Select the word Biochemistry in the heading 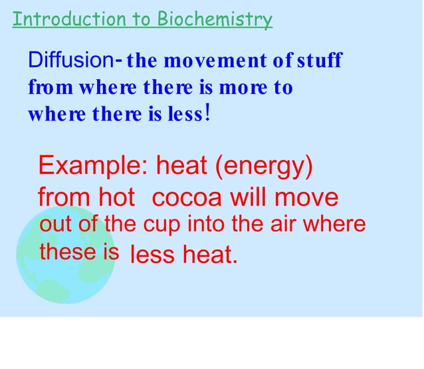coord(215,19)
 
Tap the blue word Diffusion coord(70,61)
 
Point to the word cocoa coord(188,198)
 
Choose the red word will coord(250,198)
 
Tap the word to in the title coord(142,19)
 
